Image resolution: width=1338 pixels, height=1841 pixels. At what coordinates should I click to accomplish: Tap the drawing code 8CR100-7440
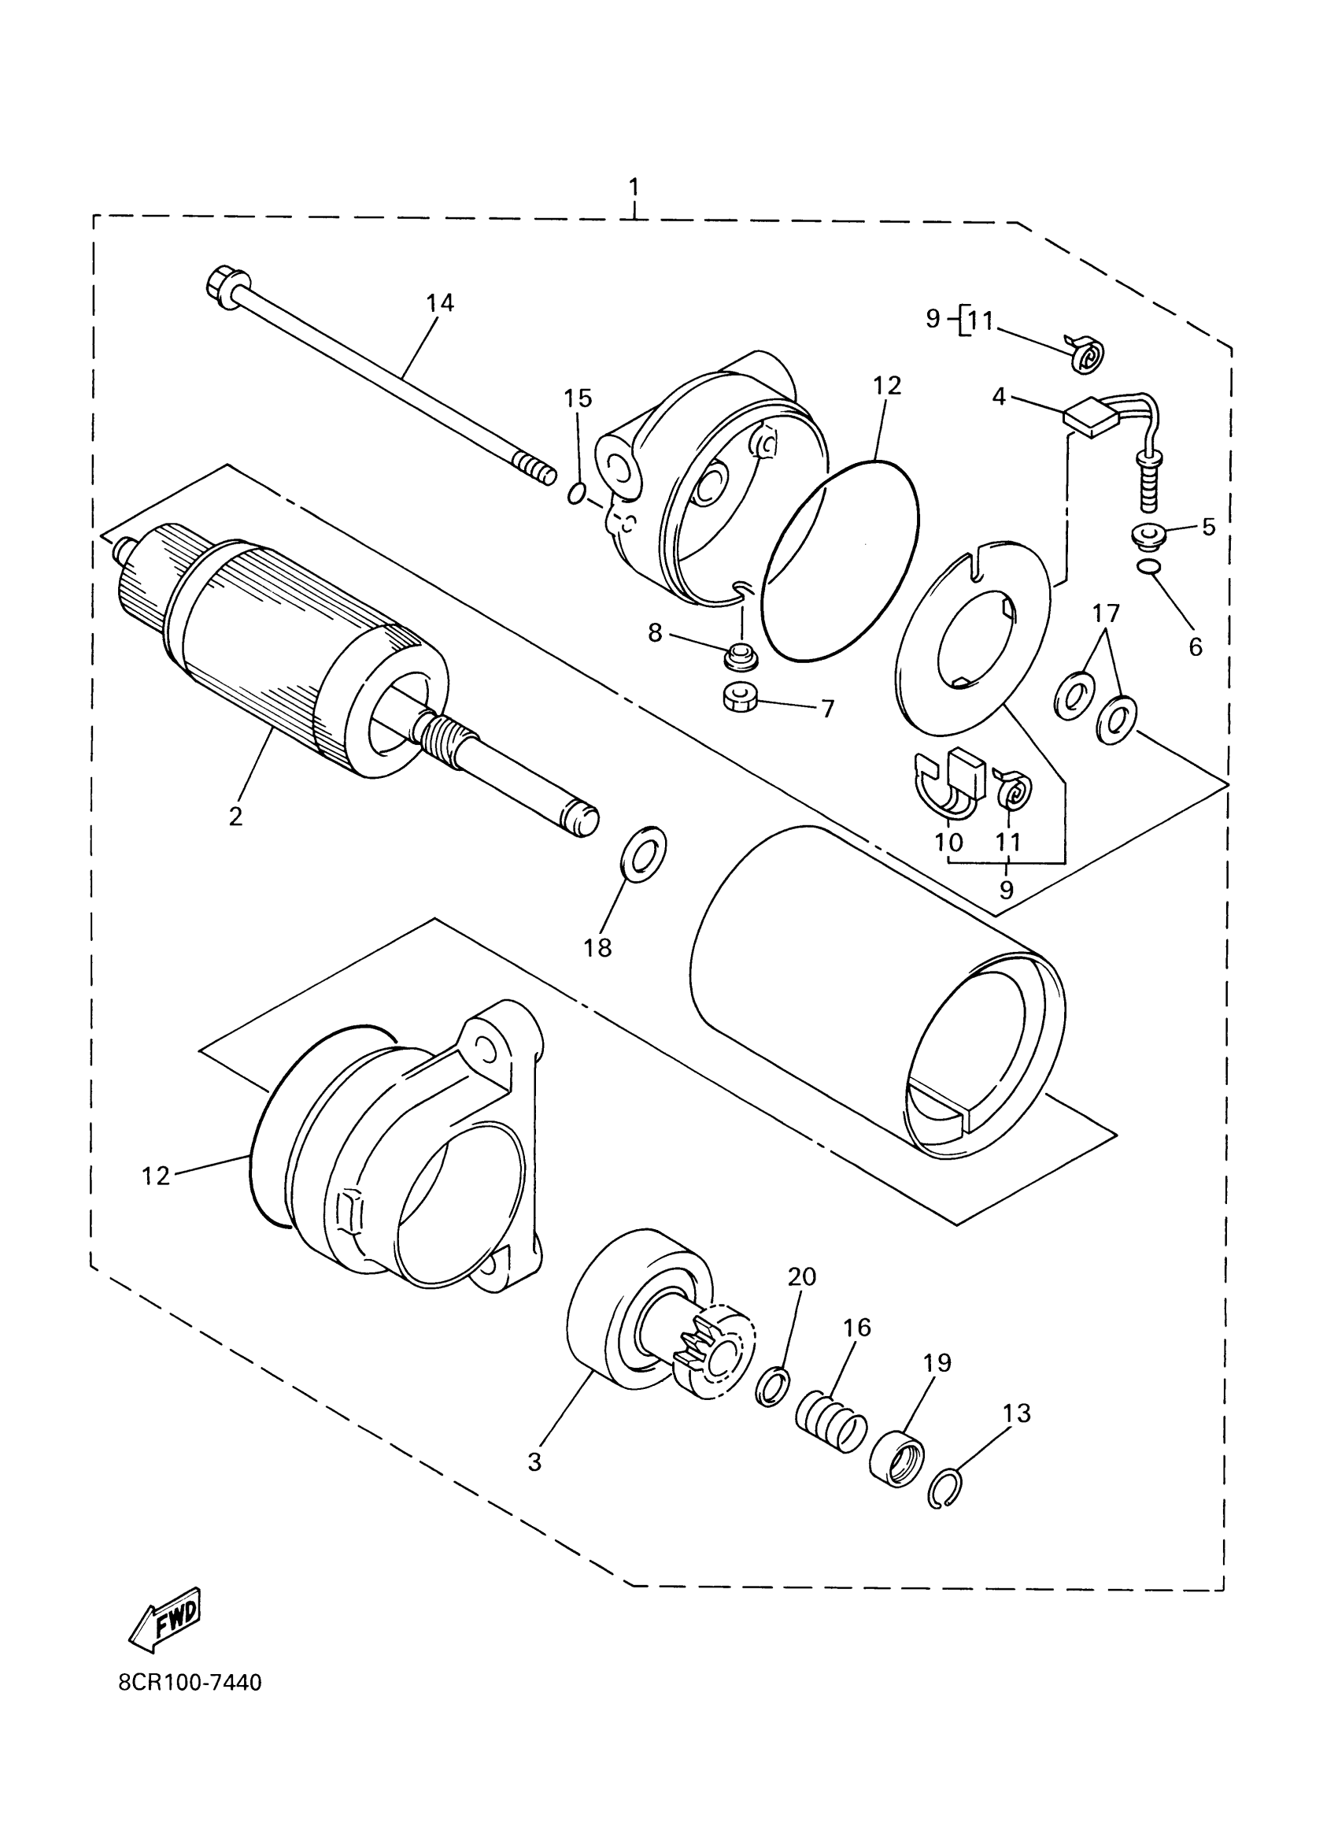(x=190, y=1705)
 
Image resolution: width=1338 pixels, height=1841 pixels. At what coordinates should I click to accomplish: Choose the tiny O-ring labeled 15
(x=575, y=493)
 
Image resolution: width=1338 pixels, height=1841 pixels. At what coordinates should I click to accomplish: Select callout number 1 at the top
(x=634, y=187)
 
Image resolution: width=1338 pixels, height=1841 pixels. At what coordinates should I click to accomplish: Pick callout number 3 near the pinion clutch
(x=534, y=1462)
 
